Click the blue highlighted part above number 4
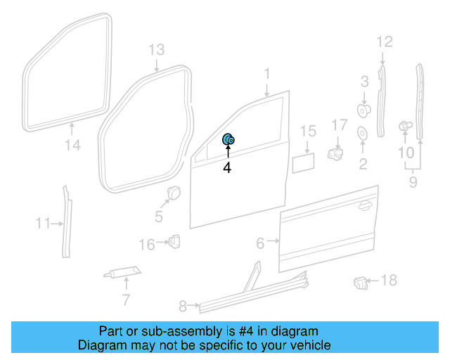pyautogui.click(x=229, y=140)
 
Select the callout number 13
pyautogui.click(x=156, y=49)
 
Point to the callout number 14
pyautogui.click(x=73, y=146)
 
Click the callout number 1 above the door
pyautogui.click(x=267, y=73)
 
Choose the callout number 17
pyautogui.click(x=340, y=124)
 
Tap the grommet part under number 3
pyautogui.click(x=364, y=110)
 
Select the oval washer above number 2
pyautogui.click(x=363, y=134)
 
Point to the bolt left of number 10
pyautogui.click(x=404, y=126)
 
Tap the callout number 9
pyautogui.click(x=413, y=183)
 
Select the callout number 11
pyautogui.click(x=43, y=224)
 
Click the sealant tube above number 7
pyautogui.click(x=122, y=271)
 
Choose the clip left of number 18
pyautogui.click(x=360, y=283)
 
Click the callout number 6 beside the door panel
pyautogui.click(x=261, y=243)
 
